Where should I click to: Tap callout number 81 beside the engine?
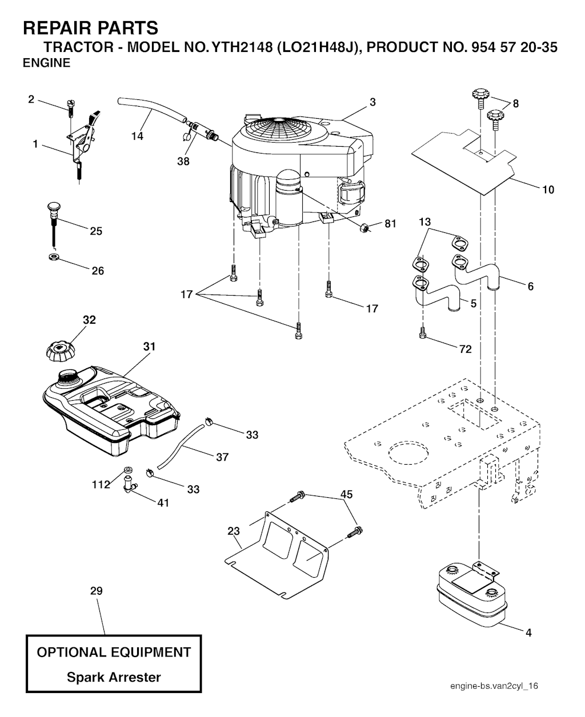390,224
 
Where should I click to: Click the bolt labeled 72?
423,333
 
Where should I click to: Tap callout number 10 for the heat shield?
548,190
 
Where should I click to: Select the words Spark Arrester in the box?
114,678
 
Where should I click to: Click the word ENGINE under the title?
46,63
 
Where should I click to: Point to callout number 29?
97,591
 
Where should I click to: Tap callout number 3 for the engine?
372,102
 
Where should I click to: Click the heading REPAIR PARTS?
90,27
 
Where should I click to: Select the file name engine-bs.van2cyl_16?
494,686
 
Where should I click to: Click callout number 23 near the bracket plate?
234,531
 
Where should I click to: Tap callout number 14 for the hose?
137,136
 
